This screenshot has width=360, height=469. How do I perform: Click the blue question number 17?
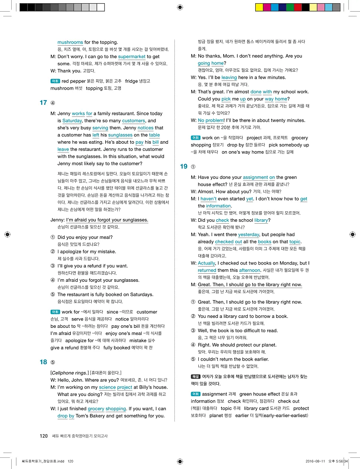43,103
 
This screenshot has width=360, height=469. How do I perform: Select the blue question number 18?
43,362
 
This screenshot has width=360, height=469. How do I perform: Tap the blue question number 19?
184,166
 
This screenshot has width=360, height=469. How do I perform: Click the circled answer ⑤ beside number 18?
53,363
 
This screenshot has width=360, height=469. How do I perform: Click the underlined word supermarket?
134,57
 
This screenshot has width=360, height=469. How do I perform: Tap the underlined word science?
107,387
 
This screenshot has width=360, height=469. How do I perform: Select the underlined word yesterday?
249,235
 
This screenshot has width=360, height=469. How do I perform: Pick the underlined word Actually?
207,263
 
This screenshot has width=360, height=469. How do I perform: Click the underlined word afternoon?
250,271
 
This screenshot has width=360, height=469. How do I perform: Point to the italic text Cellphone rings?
69,373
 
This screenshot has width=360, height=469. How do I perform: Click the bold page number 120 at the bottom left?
44,436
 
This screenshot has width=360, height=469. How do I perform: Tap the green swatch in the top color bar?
290,7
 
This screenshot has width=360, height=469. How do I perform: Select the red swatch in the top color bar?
298,7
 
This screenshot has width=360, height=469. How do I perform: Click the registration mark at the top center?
180,7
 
